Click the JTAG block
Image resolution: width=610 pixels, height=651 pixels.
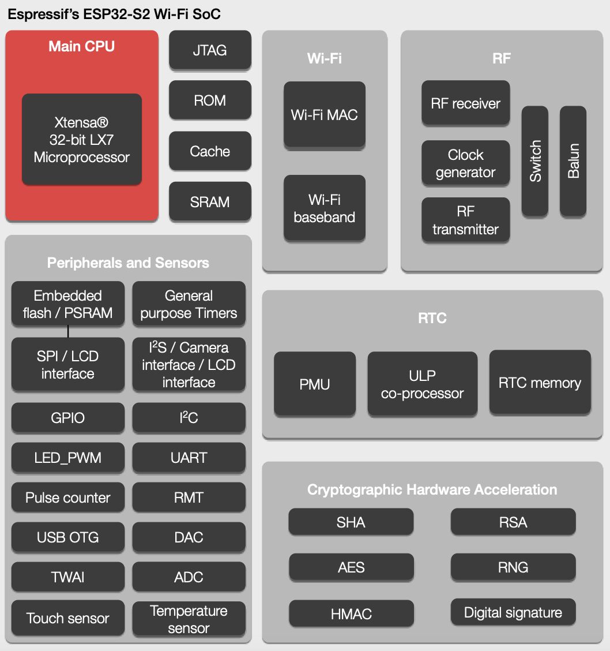click(210, 50)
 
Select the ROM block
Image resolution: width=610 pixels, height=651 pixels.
click(210, 100)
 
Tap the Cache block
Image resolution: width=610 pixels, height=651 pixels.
click(210, 151)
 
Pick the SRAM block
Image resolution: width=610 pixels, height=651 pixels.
click(210, 202)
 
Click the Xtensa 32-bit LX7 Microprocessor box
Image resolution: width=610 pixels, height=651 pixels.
click(82, 140)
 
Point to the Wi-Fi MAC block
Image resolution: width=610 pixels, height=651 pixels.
click(325, 114)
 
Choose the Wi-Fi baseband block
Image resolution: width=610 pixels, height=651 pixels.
click(325, 208)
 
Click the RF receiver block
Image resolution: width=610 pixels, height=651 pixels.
click(466, 104)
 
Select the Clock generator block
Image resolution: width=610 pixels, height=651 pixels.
click(466, 163)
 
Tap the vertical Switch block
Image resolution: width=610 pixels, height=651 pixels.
click(536, 161)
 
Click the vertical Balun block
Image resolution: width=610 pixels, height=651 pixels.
click(573, 161)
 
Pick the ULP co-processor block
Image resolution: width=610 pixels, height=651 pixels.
click(423, 384)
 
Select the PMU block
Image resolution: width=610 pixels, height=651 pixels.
click(315, 384)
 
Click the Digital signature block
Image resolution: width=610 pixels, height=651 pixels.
click(513, 613)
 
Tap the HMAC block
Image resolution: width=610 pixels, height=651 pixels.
click(351, 614)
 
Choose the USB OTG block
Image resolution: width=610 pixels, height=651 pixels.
click(68, 537)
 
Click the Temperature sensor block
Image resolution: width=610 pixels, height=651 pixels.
click(189, 619)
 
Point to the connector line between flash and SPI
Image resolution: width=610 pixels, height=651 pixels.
click(68, 331)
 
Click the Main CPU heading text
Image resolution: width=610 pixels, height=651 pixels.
click(82, 47)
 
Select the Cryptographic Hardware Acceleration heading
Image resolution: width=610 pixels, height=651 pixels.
click(432, 490)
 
